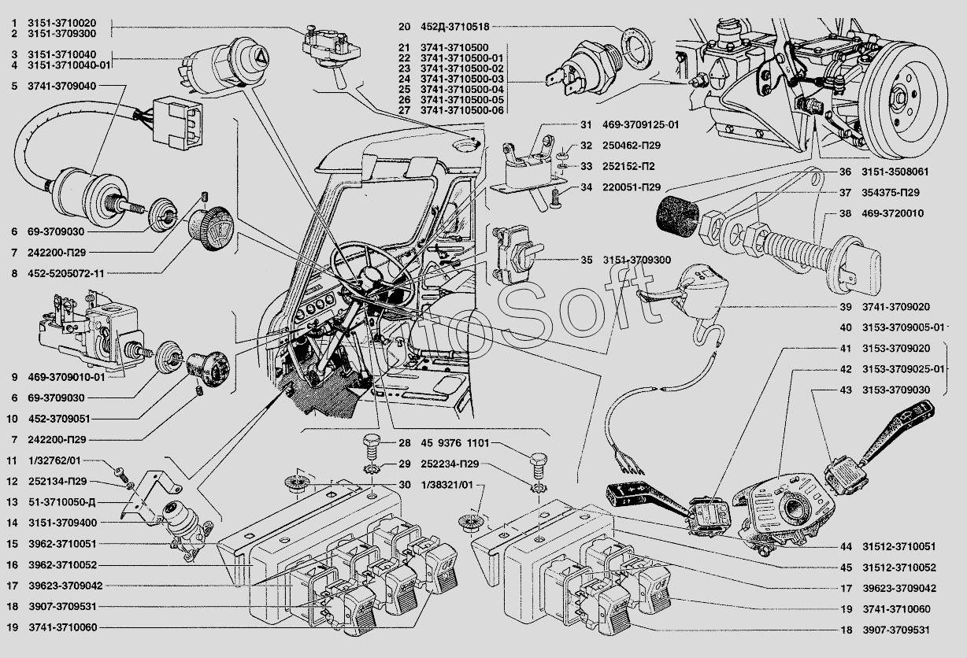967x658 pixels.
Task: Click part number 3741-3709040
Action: pyautogui.click(x=61, y=86)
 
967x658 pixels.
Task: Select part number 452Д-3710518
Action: pyautogui.click(x=455, y=27)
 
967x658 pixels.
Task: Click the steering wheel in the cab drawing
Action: pyautogui.click(x=372, y=272)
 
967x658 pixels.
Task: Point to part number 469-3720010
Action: pyautogui.click(x=893, y=213)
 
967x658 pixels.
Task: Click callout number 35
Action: pyautogui.click(x=586, y=260)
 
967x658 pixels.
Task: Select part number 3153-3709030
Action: pyautogui.click(x=896, y=390)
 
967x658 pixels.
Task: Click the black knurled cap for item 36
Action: pyautogui.click(x=677, y=216)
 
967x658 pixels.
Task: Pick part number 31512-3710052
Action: pyautogui.click(x=899, y=567)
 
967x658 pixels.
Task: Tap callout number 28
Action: pyautogui.click(x=405, y=443)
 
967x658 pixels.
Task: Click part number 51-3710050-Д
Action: pyautogui.click(x=61, y=502)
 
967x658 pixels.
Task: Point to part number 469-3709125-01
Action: pyautogui.click(x=641, y=124)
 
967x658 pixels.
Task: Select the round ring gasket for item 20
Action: pyautogui.click(x=637, y=44)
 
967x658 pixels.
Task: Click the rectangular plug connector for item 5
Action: pyautogui.click(x=177, y=123)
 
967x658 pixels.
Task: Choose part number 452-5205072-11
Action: pyautogui.click(x=66, y=273)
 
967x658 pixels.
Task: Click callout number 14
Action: pyautogui.click(x=12, y=523)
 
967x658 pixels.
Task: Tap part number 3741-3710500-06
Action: pyautogui.click(x=462, y=110)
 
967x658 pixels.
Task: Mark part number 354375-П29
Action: pyautogui.click(x=891, y=192)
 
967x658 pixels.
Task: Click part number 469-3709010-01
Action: pyautogui.click(x=66, y=377)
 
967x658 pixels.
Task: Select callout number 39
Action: pyautogui.click(x=845, y=307)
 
